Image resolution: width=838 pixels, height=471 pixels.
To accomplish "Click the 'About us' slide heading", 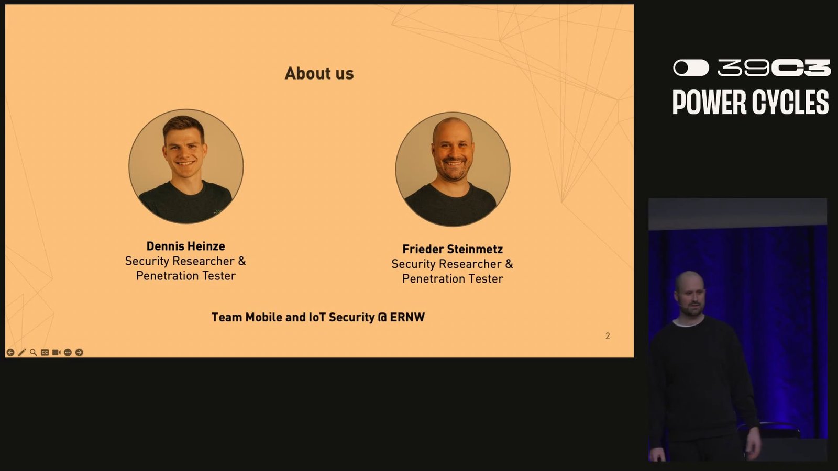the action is click(319, 73).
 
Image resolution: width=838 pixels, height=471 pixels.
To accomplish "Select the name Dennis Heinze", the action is click(185, 246).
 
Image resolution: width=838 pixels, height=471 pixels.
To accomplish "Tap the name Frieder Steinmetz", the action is click(453, 249).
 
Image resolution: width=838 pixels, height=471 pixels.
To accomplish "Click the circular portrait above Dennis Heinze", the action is click(186, 166).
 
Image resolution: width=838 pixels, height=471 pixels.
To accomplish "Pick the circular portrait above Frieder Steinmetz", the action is click(453, 170).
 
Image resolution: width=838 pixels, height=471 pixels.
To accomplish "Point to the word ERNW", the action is click(407, 317).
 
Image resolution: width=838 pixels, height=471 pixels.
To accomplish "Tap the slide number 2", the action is click(608, 336).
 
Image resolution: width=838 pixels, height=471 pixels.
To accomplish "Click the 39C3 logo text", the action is click(774, 68).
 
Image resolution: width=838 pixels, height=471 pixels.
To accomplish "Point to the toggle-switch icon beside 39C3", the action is click(691, 68).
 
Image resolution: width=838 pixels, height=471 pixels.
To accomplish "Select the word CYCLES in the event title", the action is click(790, 102).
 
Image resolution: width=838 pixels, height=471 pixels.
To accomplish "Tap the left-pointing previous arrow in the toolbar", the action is click(10, 352).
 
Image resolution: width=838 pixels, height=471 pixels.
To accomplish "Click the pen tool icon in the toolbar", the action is click(21, 352).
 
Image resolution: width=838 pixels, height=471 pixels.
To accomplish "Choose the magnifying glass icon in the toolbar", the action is click(34, 352).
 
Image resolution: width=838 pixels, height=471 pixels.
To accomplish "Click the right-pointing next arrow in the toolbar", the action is click(79, 352).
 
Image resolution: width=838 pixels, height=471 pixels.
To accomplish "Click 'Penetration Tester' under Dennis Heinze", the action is click(185, 276).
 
